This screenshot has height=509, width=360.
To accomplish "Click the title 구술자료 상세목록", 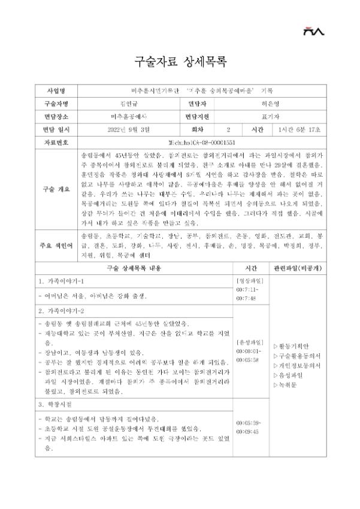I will (x=180, y=62).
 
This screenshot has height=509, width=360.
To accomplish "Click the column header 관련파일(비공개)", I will (x=296, y=268).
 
